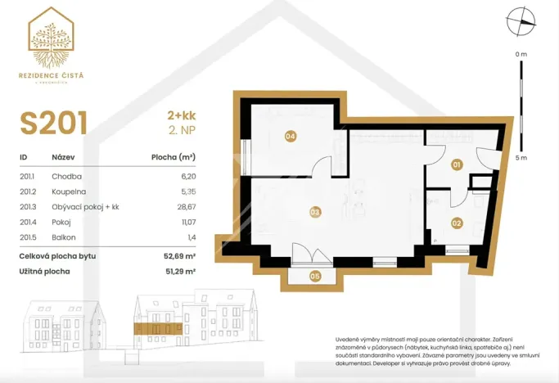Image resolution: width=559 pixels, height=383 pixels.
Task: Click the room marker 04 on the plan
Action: [x=290, y=137]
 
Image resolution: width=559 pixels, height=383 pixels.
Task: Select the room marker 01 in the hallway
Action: [x=457, y=164]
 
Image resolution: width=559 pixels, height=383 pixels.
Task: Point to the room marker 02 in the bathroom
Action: [x=457, y=222]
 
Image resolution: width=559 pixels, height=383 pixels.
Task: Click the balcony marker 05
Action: [x=315, y=277]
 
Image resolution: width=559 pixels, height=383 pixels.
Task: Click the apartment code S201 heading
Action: [x=54, y=124]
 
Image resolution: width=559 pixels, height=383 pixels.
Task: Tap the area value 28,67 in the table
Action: [x=185, y=206]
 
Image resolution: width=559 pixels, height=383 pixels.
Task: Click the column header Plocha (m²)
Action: [x=173, y=156]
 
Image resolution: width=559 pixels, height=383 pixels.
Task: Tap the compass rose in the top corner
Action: [x=518, y=22]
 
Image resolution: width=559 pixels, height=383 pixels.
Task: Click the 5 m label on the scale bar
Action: [x=521, y=157]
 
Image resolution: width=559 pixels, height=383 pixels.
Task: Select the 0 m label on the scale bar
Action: [x=521, y=53]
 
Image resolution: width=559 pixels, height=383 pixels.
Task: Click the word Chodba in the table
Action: [x=66, y=176]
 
